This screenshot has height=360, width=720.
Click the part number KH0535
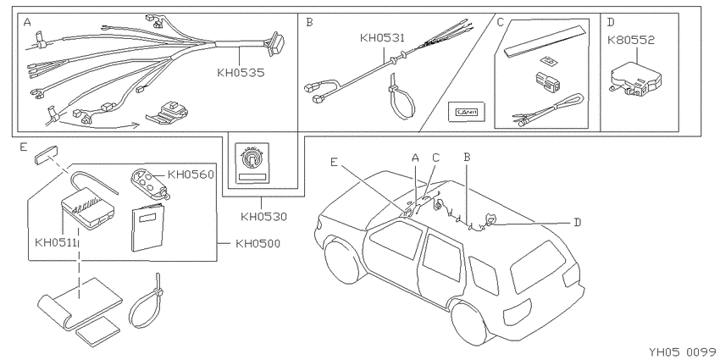(241, 73)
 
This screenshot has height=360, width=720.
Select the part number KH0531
(383, 37)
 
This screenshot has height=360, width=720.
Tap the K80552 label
(631, 41)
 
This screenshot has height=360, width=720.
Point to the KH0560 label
(191, 174)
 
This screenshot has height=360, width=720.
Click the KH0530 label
(263, 216)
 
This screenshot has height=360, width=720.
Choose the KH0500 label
(258, 243)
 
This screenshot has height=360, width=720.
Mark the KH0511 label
(56, 242)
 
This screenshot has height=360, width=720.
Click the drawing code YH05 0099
(683, 352)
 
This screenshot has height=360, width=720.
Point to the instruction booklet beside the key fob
(148, 228)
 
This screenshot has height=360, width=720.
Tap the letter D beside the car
(577, 222)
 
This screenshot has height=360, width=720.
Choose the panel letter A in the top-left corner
(28, 23)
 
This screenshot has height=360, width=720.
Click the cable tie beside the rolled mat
(147, 302)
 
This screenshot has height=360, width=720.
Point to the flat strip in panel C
(545, 42)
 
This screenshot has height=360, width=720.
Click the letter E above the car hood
(334, 162)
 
